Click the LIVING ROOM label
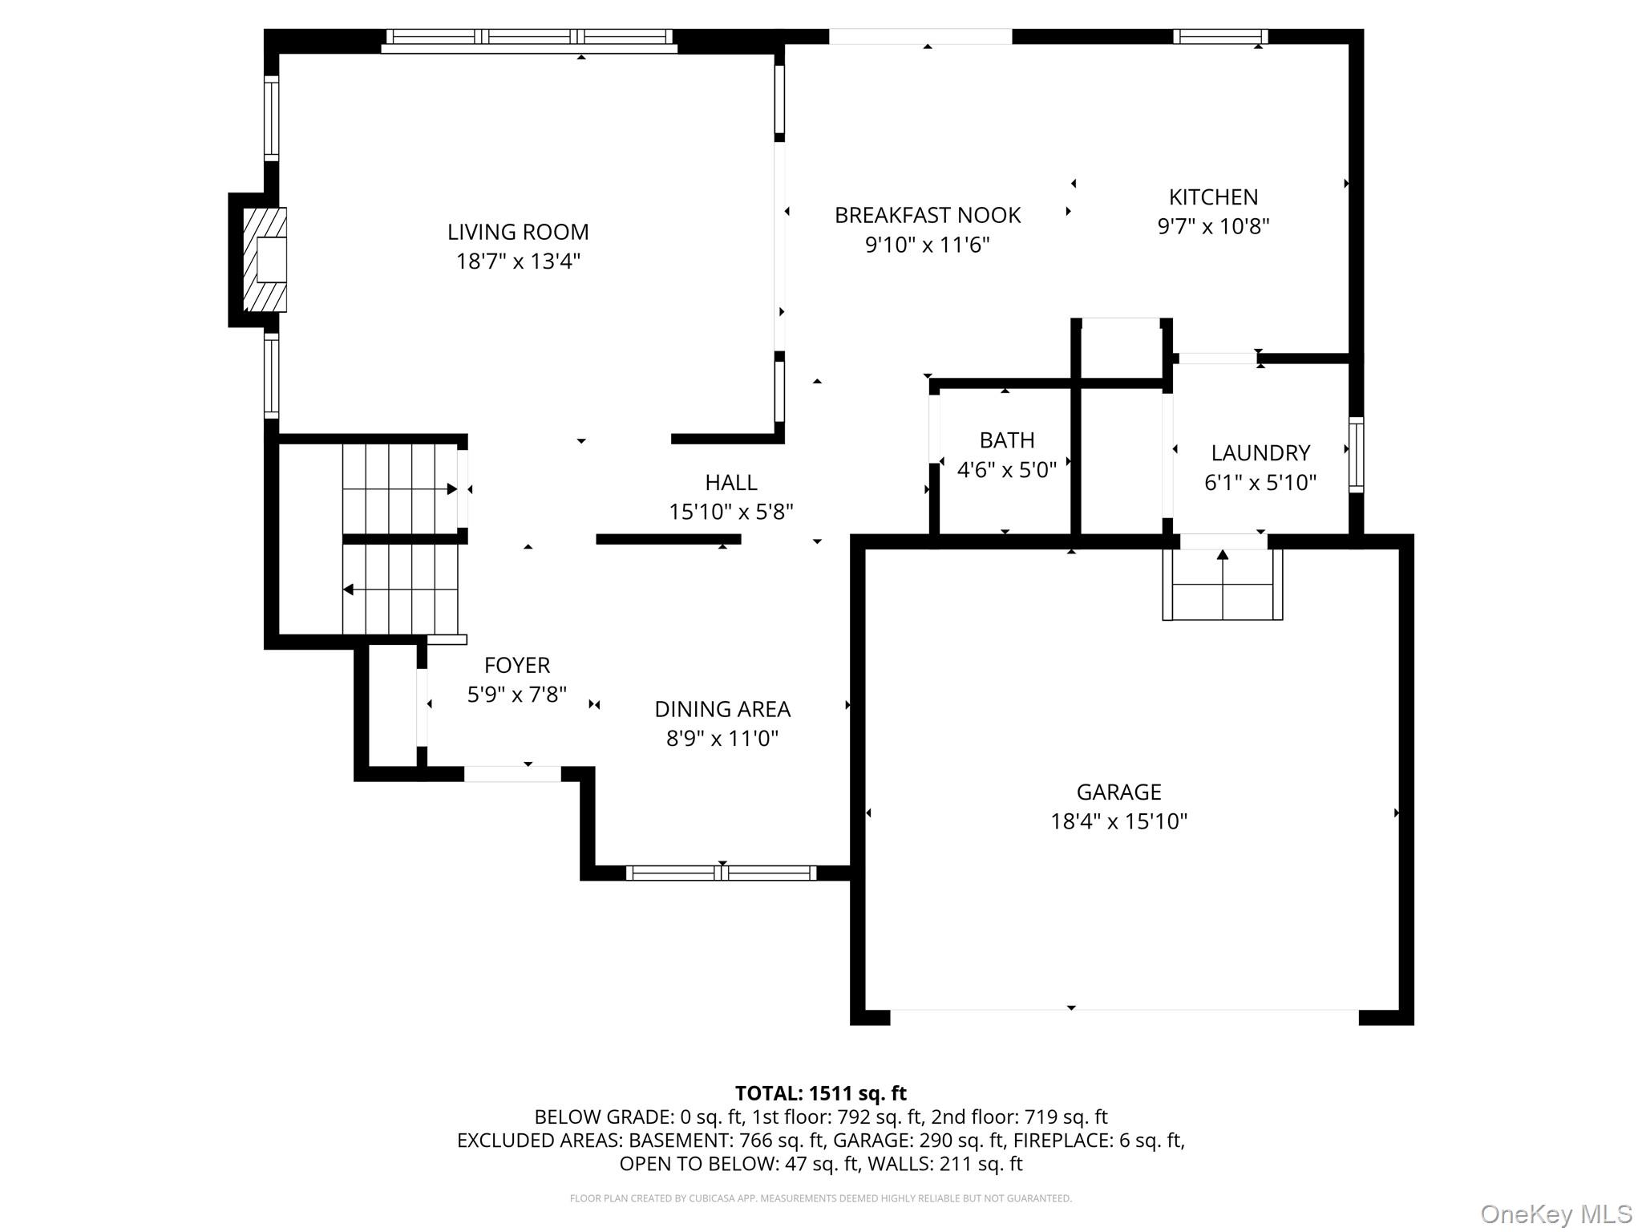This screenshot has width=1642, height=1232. [518, 233]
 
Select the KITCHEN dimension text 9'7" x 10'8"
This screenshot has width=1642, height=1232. [1213, 227]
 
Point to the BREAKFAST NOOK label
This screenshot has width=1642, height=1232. [928, 216]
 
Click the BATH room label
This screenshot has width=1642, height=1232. [1007, 440]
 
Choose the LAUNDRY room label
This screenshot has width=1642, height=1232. [1260, 453]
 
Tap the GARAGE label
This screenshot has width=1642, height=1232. [1118, 792]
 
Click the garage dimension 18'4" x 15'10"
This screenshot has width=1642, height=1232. [1118, 821]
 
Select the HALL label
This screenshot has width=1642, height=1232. [730, 483]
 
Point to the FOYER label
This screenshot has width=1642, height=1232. [517, 666]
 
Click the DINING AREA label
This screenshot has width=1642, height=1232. [722, 710]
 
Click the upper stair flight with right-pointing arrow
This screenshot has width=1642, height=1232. [399, 488]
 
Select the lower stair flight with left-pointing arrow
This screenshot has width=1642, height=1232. [399, 590]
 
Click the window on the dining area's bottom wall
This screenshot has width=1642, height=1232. [721, 873]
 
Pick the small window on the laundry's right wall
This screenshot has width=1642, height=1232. [1356, 454]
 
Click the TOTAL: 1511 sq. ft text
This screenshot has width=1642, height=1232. [820, 1093]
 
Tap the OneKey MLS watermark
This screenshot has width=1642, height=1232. [1555, 1214]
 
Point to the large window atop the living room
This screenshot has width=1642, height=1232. [529, 37]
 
